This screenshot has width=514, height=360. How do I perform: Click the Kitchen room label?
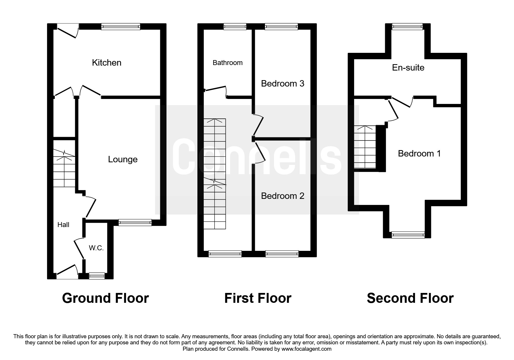tap(107, 62)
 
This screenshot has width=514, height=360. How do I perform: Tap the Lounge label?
tap(123, 159)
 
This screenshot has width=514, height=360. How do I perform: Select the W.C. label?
tap(96, 248)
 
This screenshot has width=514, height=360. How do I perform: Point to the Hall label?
tap(63, 224)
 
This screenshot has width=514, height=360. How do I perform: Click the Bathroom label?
tap(228, 63)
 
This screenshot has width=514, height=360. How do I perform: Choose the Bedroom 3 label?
tap(282, 84)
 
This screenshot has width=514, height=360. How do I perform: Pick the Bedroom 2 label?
tap(282, 196)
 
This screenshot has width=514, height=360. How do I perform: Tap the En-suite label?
tap(408, 68)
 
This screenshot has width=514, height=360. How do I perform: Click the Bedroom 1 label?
tap(419, 153)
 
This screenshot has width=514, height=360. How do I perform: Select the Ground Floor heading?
tap(105, 298)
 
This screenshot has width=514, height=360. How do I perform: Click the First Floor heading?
tap(258, 298)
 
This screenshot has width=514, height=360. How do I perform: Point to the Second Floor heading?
tap(410, 298)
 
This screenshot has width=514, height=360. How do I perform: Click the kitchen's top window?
tap(121, 27)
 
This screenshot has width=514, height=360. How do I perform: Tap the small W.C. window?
tap(97, 276)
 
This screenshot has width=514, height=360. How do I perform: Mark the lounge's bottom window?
tap(135, 223)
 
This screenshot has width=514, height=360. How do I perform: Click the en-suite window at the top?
tap(407, 27)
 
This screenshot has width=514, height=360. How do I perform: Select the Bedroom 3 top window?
tap(281, 27)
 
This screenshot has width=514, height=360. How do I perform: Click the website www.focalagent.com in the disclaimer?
tap(306, 349)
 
